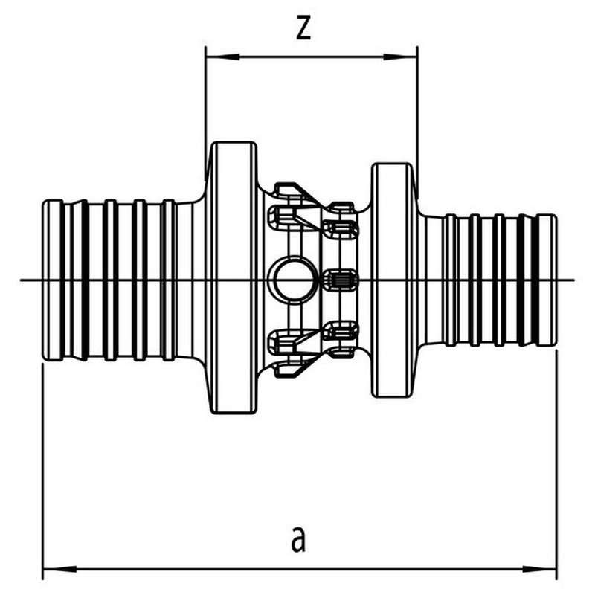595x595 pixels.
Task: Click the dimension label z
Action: coord(302,28)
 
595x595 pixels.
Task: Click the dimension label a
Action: coord(298,538)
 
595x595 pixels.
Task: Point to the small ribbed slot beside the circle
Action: coord(342,280)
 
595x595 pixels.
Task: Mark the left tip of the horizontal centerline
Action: coord(22,280)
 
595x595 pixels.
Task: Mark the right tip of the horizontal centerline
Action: coord(574,280)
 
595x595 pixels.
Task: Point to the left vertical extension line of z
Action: coord(206,104)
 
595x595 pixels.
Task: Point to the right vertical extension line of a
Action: coord(556,461)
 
